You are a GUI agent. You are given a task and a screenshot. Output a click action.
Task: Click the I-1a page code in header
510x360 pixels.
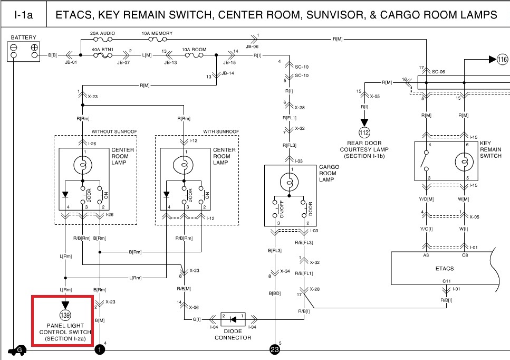23,15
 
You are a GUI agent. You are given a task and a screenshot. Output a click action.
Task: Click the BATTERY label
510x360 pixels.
23,38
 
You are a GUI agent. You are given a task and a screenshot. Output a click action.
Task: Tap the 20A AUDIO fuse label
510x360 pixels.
102,33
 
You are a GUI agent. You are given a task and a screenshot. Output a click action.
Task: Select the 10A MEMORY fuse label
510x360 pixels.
157,33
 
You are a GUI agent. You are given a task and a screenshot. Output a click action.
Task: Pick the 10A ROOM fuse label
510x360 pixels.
194,49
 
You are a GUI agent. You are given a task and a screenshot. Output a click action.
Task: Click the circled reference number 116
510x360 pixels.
502,60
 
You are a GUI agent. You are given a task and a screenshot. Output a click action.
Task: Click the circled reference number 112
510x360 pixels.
364,131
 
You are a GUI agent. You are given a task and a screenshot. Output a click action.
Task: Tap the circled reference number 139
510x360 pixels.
65,315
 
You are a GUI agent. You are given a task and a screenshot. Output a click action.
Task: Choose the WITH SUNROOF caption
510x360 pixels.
221,131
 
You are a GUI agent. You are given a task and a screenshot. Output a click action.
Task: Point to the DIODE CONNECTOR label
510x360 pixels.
233,335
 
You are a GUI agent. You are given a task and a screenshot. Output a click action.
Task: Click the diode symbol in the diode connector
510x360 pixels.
233,319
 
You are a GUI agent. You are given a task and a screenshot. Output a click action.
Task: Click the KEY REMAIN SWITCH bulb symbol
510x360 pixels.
464,163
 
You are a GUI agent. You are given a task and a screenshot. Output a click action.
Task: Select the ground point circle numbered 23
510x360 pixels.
275,349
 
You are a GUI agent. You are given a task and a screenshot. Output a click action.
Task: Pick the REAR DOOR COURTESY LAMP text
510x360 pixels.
364,150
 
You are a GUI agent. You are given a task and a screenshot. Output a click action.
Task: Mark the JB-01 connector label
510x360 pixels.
70,62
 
